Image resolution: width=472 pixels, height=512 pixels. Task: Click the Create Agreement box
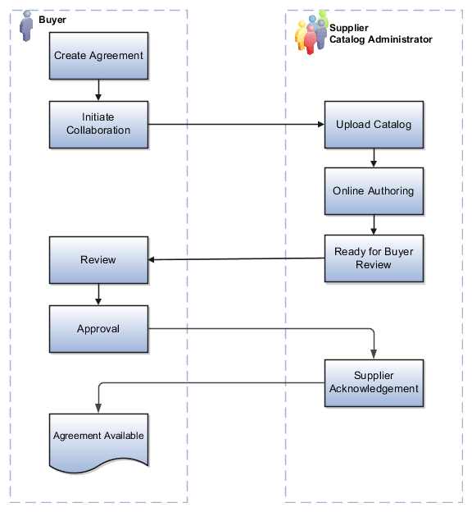pos(98,56)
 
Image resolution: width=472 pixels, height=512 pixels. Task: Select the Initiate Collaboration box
pos(98,125)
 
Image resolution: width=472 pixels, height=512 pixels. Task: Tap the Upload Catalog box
pos(374,125)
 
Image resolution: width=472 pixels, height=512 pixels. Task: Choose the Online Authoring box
pos(374,191)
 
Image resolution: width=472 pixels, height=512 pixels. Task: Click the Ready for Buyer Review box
pos(374,259)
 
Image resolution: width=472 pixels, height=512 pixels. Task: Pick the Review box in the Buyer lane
pos(98,260)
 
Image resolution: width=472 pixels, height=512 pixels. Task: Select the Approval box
pos(98,329)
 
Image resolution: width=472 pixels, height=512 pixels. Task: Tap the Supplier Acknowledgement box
pos(374,383)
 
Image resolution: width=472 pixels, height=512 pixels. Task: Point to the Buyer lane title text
pos(52,19)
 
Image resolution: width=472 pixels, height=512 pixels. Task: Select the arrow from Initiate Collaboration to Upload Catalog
pos(237,125)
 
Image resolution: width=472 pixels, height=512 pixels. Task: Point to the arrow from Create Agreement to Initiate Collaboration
pos(98,90)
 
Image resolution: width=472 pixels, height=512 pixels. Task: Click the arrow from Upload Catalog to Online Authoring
pos(374,158)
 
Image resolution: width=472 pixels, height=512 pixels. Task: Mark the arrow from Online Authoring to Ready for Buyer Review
pos(374,226)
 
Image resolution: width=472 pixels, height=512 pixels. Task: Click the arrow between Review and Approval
pos(98,295)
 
